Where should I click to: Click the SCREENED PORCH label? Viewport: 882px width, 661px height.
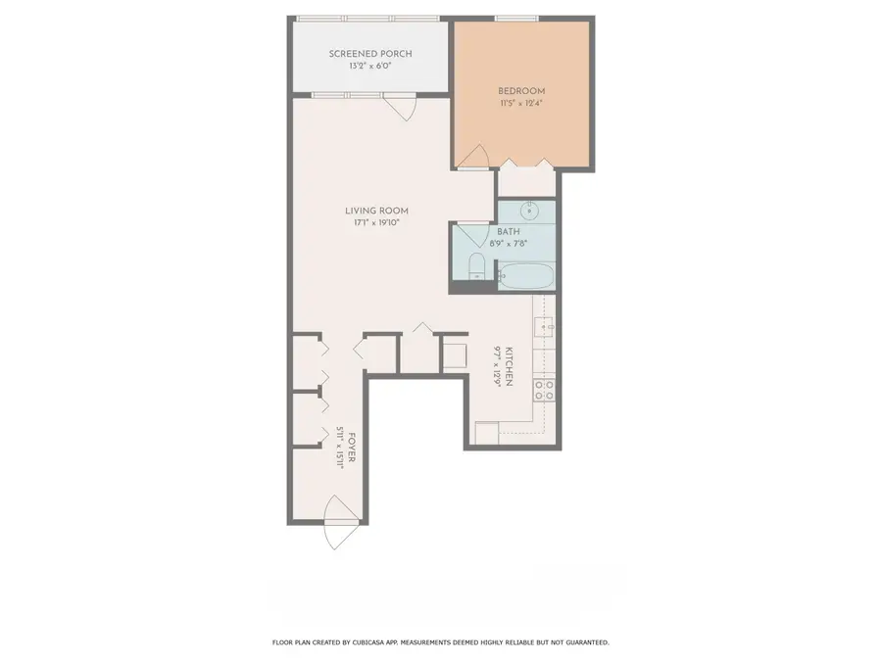(x=370, y=53)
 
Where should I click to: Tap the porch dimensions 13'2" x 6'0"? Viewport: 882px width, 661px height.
(x=370, y=66)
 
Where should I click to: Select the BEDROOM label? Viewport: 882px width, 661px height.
(x=521, y=91)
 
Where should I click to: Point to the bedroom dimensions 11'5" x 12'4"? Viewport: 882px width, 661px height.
(x=521, y=103)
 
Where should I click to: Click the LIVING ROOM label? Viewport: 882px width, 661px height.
(x=376, y=211)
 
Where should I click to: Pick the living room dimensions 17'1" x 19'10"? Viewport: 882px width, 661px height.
(x=376, y=223)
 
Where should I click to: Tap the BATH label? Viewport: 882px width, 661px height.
(x=509, y=231)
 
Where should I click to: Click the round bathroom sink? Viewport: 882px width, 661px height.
(x=529, y=210)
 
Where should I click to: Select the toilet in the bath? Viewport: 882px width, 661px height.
(x=476, y=266)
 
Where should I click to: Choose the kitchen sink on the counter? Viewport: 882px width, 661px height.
(x=543, y=326)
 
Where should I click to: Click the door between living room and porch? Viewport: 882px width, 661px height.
(x=400, y=105)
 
